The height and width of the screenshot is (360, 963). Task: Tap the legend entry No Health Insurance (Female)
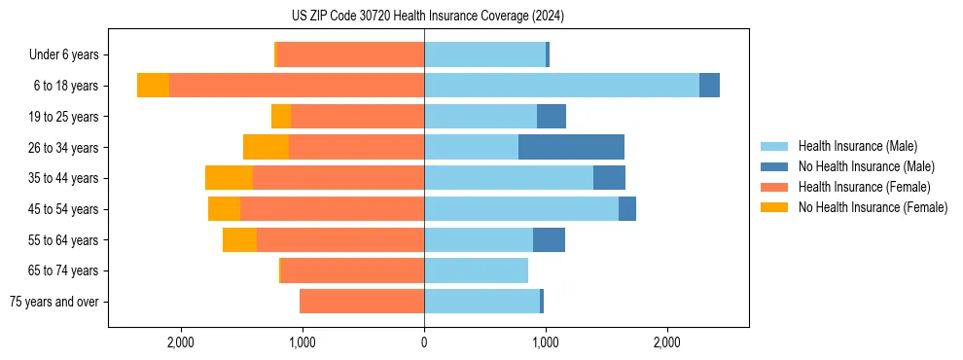[x=873, y=207]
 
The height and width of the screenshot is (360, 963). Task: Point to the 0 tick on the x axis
[x=424, y=342]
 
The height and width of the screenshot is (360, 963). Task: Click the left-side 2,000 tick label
[x=181, y=342]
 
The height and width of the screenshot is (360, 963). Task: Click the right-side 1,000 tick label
[x=546, y=342]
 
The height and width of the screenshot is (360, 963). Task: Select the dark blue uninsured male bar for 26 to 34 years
[x=571, y=147]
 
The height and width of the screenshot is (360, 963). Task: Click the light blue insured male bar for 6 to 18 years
[x=561, y=86]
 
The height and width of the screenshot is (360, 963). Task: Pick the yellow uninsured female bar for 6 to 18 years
[x=153, y=86]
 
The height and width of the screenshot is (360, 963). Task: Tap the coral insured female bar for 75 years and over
[x=362, y=302]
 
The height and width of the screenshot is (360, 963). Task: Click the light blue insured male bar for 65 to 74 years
[x=476, y=270]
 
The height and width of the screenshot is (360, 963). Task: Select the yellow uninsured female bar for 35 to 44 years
[x=229, y=178]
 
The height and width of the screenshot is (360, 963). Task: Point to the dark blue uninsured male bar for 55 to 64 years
[x=549, y=239]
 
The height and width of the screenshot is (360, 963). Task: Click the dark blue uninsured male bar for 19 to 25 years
[x=552, y=117]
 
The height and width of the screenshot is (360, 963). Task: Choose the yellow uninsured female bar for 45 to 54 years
[x=224, y=209]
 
